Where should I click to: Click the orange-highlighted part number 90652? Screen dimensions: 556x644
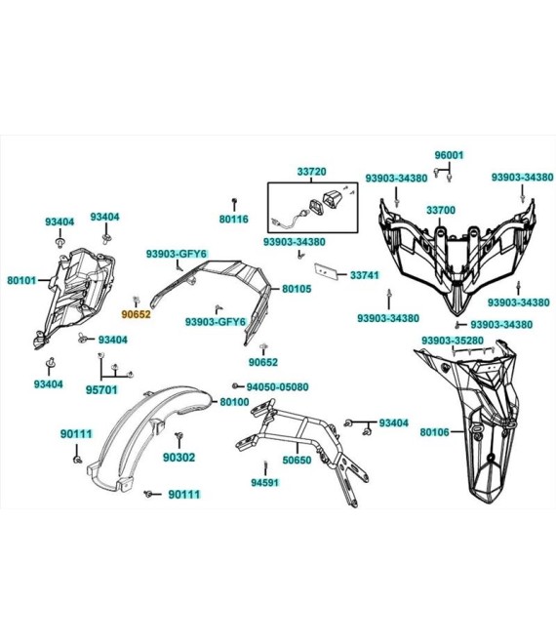[136, 314]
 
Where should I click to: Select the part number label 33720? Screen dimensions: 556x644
[312, 172]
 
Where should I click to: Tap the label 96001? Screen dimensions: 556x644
[449, 155]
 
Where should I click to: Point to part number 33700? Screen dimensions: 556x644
[441, 211]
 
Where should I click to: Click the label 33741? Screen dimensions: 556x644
[364, 275]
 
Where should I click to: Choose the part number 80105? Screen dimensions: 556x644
[297, 289]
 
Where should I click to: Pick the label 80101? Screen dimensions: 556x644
[21, 280]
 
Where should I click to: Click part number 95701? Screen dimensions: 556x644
[101, 389]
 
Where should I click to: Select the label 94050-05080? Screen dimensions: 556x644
[277, 387]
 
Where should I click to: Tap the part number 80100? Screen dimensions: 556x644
[234, 402]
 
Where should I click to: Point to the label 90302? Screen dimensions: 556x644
[179, 458]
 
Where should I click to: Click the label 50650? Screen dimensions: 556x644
[297, 461]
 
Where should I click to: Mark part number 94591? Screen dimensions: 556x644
[265, 483]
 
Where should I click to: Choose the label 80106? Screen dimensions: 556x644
[434, 432]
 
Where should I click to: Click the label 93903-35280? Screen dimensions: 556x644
[453, 341]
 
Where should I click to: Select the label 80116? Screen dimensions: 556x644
[234, 220]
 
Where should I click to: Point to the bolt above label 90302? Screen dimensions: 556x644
[179, 435]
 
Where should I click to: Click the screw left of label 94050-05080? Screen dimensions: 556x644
[236, 385]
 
